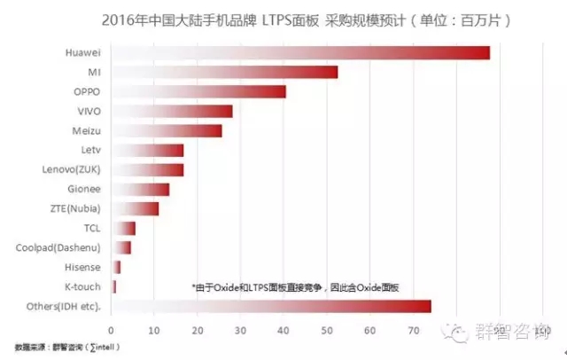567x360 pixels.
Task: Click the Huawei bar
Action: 301,52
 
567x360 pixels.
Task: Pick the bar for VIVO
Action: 173,111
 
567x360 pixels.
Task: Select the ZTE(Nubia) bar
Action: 136,208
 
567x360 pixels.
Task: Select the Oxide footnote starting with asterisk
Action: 295,287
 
